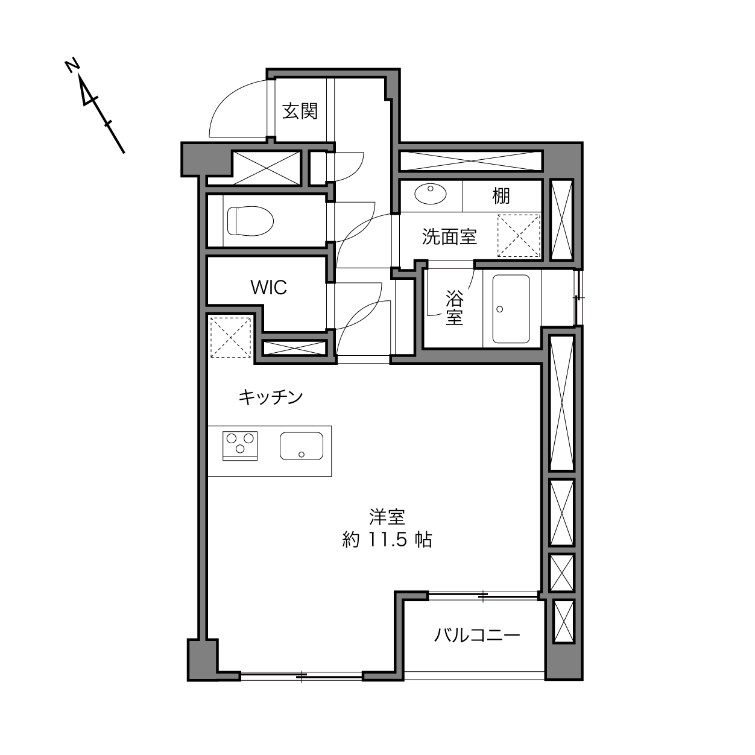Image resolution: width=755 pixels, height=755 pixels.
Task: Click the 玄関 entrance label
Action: tap(300, 112)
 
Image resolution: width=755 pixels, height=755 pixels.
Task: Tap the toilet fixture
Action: tap(250, 221)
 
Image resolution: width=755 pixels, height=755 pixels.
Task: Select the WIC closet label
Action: tap(269, 288)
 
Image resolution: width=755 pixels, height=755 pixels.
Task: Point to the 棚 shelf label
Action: tap(501, 196)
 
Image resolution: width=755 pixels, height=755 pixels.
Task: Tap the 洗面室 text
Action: tap(449, 236)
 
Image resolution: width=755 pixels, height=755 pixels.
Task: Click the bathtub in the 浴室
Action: tap(511, 309)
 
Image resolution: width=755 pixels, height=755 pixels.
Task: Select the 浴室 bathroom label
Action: tap(455, 308)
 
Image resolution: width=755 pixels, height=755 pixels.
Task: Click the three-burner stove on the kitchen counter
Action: tap(240, 446)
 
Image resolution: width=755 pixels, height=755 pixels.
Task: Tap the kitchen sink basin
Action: tap(302, 446)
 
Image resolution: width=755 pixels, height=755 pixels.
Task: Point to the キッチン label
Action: tap(271, 397)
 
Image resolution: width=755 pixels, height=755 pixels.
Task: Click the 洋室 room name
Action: tap(387, 517)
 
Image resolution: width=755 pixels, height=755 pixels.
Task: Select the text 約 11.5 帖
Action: tap(387, 540)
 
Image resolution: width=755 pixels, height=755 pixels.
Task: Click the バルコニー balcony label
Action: tap(477, 635)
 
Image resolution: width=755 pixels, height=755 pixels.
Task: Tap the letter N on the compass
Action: tap(72, 66)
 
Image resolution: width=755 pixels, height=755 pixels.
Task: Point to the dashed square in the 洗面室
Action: tap(519, 235)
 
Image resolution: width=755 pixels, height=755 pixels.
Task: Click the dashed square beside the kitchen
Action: tap(230, 337)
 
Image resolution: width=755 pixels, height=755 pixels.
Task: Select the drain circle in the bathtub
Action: tap(499, 309)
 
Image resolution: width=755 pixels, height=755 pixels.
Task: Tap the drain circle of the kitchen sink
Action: tap(302, 455)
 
